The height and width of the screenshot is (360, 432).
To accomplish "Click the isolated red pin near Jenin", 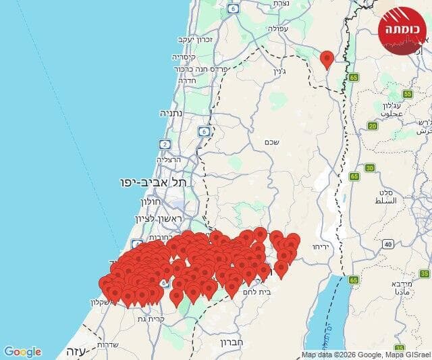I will (x=327, y=59).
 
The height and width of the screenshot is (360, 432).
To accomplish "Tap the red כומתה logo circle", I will (x=402, y=30).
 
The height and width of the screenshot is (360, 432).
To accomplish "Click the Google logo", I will (x=22, y=352).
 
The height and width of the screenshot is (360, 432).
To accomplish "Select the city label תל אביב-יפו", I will (x=153, y=182).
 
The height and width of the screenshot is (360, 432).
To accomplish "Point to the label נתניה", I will (x=172, y=113).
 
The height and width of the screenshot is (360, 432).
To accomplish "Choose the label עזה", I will (x=74, y=351).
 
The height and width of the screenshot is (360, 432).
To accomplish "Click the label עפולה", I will (x=278, y=29).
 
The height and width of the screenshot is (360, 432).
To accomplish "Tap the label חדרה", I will (x=187, y=80).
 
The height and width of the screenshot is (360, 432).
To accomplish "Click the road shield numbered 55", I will (x=408, y=94).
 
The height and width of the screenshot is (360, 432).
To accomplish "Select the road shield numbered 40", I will (x=387, y=244).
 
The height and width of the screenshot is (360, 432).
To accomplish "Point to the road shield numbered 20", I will (x=373, y=126).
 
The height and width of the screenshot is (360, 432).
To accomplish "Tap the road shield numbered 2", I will (x=165, y=144).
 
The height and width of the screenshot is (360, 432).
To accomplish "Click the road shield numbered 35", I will (x=424, y=274).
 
